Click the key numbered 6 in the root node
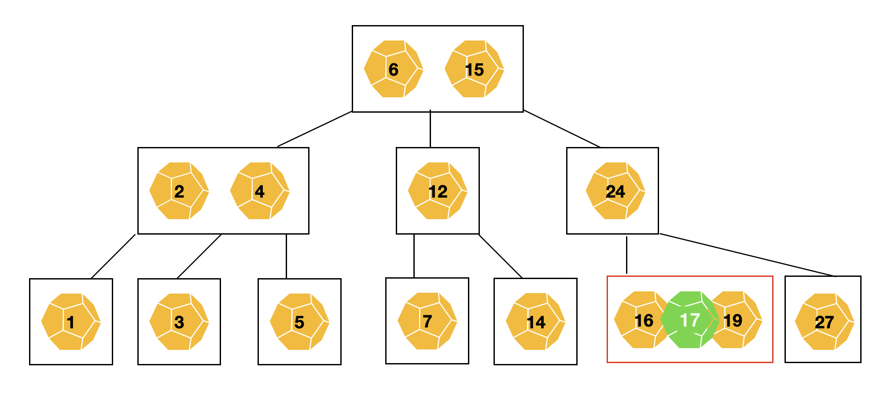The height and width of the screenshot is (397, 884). (x=393, y=69)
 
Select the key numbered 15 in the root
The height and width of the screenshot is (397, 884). (x=474, y=69)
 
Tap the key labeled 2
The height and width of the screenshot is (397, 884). (x=179, y=191)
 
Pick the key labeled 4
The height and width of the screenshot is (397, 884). (x=260, y=191)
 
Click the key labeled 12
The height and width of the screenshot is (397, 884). (x=438, y=191)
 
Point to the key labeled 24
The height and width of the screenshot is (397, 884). (x=615, y=191)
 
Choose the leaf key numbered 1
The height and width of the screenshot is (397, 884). (x=71, y=322)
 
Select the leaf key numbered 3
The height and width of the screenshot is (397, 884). (x=179, y=322)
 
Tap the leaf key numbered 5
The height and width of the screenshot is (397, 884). (x=299, y=322)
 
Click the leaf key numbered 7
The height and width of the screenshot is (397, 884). (x=427, y=321)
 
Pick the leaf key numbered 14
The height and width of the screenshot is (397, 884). (x=535, y=322)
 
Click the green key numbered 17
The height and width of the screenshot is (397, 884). (x=689, y=320)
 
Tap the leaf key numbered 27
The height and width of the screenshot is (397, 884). (x=824, y=322)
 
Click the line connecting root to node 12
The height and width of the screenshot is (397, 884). (x=430, y=129)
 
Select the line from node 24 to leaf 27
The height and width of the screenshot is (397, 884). (x=747, y=255)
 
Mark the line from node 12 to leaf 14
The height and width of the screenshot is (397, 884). (x=501, y=257)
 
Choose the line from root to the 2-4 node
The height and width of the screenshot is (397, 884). (x=315, y=129)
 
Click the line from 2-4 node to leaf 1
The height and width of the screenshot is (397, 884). (x=113, y=257)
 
